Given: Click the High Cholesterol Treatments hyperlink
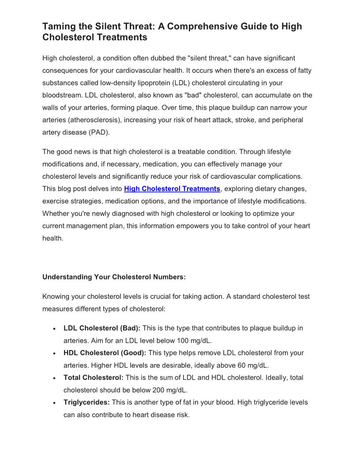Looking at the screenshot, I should pyautogui.click(x=172, y=189).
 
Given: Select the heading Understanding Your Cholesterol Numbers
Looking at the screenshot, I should pyautogui.click(x=114, y=277).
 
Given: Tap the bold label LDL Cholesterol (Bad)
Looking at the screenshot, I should pyautogui.click(x=102, y=328).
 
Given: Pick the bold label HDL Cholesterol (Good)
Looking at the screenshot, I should pyautogui.click(x=105, y=353).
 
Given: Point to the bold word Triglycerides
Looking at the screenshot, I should pyautogui.click(x=86, y=402).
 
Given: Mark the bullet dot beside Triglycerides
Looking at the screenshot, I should pyautogui.click(x=53, y=403).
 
